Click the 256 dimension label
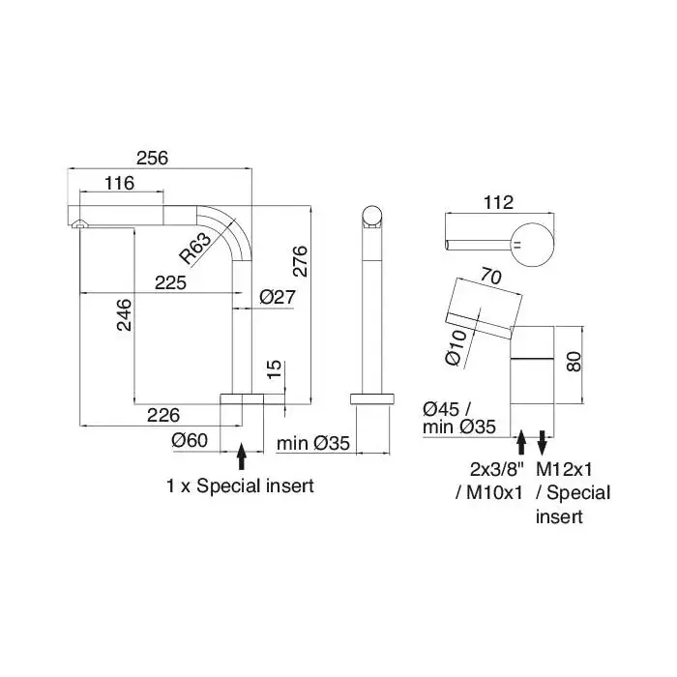click(x=152, y=158)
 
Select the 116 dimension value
click(x=120, y=183)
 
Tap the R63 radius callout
click(x=195, y=249)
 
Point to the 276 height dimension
click(x=300, y=261)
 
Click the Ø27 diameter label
click(x=278, y=297)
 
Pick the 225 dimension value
click(x=170, y=283)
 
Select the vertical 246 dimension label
click(x=124, y=314)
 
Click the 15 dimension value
click(x=274, y=369)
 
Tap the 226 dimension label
click(x=163, y=415)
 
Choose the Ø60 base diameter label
click(x=190, y=440)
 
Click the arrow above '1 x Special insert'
click(x=242, y=456)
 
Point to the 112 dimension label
click(x=499, y=202)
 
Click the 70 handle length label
click(x=491, y=277)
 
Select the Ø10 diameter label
click(x=456, y=347)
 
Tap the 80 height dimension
click(x=574, y=362)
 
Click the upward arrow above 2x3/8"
click(x=521, y=442)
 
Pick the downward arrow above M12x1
click(x=543, y=442)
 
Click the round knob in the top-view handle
click(x=532, y=245)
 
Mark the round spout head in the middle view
click(x=371, y=217)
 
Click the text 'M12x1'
click(x=564, y=469)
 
